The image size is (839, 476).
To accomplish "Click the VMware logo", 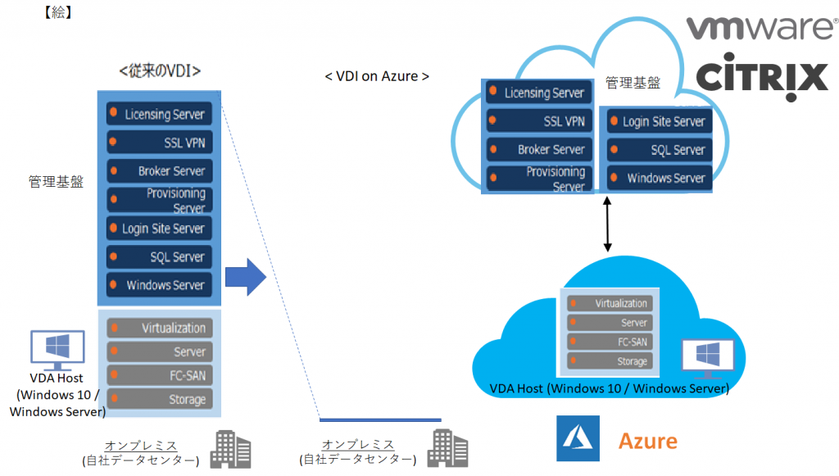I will coord(761,29).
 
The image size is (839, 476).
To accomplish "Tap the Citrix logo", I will coord(762,79).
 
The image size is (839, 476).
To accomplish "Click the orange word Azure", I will coord(647,441).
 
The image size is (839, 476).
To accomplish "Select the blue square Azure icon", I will coord(578,438).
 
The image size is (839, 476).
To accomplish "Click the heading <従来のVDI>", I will coord(160,71).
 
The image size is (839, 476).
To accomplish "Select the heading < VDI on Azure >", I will coord(377,76).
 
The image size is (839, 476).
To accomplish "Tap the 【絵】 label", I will coord(57,12).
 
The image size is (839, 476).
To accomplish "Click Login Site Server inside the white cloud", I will coord(655,121).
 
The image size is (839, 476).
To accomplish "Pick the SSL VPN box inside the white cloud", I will coord(537,121).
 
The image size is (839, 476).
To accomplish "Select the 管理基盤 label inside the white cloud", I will coord(631,83).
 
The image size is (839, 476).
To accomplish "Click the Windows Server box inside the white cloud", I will coord(655,178).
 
